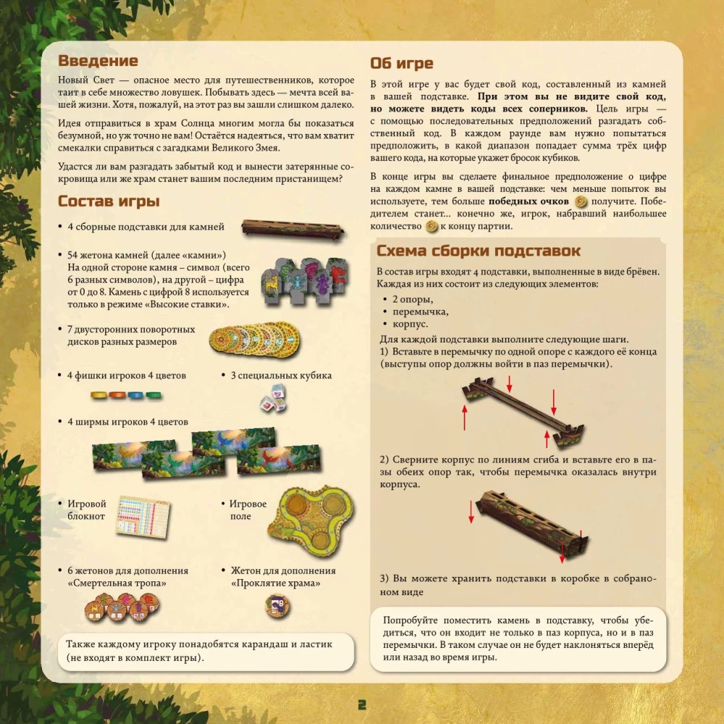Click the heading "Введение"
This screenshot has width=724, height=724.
[98, 61]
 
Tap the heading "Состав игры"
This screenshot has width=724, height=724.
[109, 201]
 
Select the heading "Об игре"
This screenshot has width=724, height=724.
[402, 63]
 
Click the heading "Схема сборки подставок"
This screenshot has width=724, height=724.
[479, 251]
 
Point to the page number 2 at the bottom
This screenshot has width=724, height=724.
[362, 704]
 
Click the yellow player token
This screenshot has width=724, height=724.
[98, 395]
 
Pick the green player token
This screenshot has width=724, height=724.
[153, 395]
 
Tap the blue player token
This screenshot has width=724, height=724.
[135, 395]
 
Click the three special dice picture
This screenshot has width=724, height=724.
[274, 399]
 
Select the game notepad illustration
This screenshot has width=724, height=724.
[143, 517]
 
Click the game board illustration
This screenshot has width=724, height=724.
[311, 519]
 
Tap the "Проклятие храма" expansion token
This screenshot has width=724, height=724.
[277, 606]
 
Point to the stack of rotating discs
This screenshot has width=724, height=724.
[254, 340]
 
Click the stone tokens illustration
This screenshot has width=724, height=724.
[305, 280]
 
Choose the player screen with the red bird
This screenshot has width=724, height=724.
[279, 460]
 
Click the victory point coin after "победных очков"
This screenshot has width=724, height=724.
[581, 201]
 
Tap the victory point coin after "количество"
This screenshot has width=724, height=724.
[432, 226]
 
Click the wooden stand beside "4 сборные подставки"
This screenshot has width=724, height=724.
[293, 230]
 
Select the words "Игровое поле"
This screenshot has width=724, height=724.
[248, 510]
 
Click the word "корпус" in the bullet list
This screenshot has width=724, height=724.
[410, 324]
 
